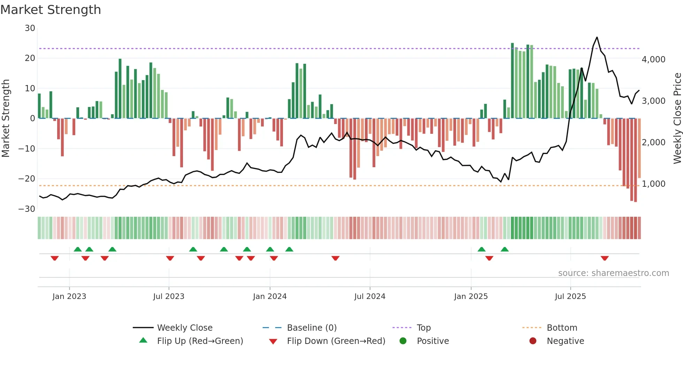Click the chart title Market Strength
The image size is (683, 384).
51,10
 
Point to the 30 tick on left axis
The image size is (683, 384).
30,28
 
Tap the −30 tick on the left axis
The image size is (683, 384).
27,209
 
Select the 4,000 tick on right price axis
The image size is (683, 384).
653,60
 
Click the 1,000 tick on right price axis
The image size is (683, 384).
653,184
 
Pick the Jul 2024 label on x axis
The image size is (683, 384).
370,297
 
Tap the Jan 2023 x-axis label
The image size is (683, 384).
69,297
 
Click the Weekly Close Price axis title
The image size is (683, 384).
677,118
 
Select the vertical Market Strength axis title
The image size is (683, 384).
6,118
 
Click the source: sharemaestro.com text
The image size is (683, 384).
613,273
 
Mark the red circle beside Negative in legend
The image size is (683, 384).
533,341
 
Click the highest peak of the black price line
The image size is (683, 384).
597,37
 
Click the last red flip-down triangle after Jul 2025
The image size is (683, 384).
605,258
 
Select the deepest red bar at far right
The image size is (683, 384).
635,160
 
